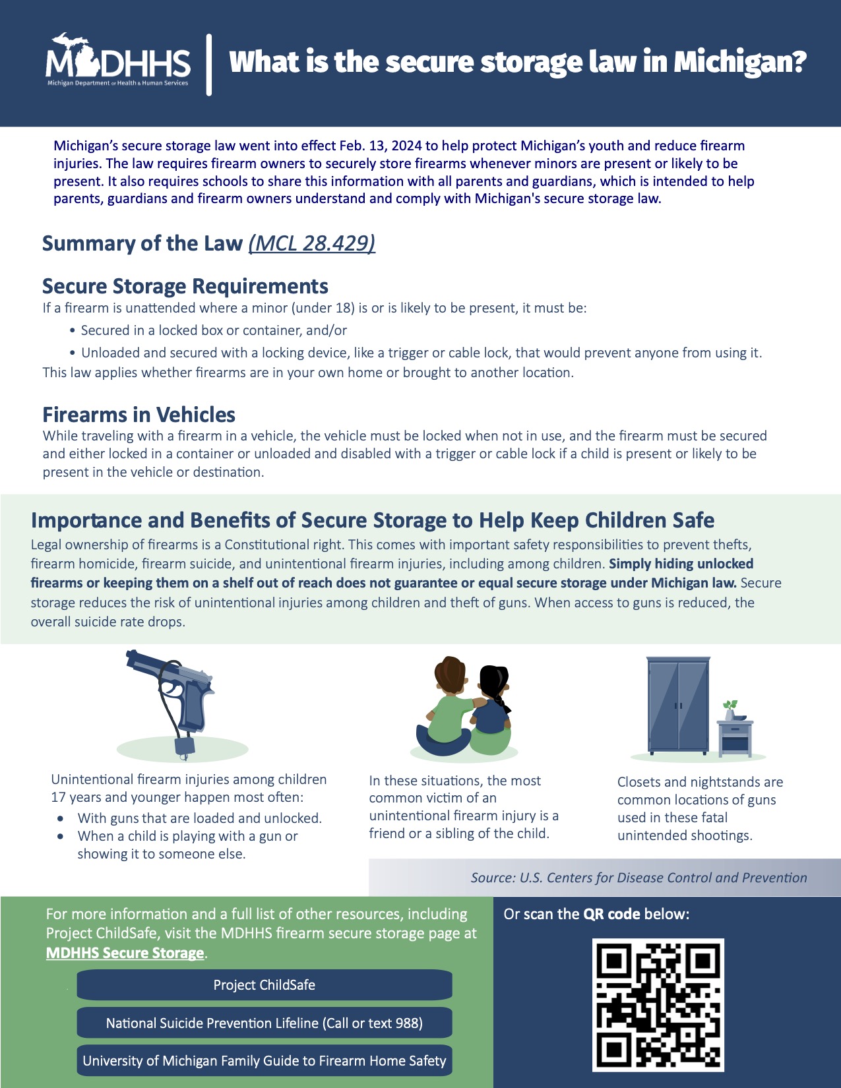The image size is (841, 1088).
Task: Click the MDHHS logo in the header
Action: [x=118, y=61]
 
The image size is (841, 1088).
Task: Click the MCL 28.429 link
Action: [x=311, y=243]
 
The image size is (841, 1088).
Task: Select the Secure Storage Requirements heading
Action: [x=185, y=286]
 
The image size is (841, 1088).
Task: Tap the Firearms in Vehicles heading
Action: [x=139, y=415]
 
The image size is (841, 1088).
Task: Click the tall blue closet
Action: [x=678, y=705]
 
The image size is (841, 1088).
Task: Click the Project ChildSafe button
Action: [x=265, y=985]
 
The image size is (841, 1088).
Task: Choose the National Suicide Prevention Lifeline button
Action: [x=265, y=1023]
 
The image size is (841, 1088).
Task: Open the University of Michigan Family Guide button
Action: [x=265, y=1060]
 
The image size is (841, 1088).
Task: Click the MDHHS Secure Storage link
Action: [x=125, y=953]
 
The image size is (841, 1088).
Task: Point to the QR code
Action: [x=658, y=1005]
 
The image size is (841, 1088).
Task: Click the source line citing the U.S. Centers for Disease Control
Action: [x=639, y=878]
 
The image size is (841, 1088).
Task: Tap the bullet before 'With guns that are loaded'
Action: [x=61, y=818]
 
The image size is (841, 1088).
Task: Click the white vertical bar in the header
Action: [x=209, y=65]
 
